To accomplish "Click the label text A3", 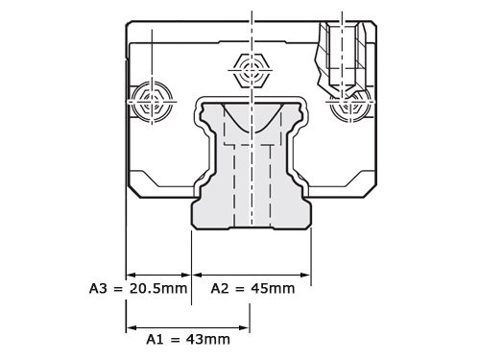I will point(98,287).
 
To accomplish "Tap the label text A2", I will point(220,287).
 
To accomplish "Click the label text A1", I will point(156,339).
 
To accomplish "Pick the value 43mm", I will point(209,339).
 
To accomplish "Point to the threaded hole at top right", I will point(347,48).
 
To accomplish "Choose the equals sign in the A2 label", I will point(241,287).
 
